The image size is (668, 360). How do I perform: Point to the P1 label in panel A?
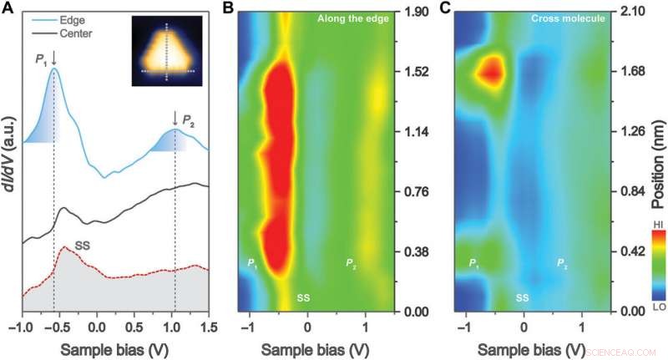[41, 58]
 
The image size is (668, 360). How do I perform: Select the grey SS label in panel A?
[83, 246]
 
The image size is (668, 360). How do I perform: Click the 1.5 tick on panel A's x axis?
[209, 326]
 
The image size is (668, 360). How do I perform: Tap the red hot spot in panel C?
[491, 72]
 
